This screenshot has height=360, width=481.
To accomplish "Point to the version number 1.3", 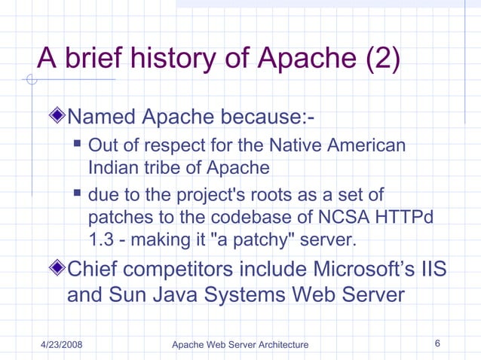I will click(100, 242).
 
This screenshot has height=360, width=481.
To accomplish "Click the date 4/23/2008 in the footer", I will click(61, 344).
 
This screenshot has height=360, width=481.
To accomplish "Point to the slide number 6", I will click(438, 343).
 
